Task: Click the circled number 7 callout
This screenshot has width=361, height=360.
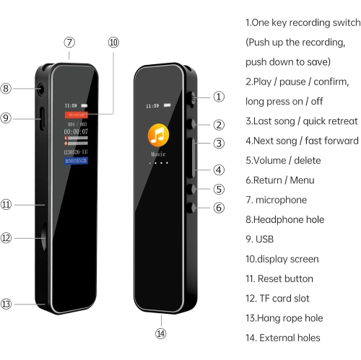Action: click(69, 43)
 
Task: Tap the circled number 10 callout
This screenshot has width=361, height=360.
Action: click(113, 43)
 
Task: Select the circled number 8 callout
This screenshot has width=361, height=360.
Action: click(6, 89)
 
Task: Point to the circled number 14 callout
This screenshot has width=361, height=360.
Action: click(160, 333)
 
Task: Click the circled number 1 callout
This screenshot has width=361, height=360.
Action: click(219, 96)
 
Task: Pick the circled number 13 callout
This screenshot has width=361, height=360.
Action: click(6, 304)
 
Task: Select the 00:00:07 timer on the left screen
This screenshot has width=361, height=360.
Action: click(76, 131)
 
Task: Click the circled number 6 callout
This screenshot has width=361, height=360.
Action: click(219, 207)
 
